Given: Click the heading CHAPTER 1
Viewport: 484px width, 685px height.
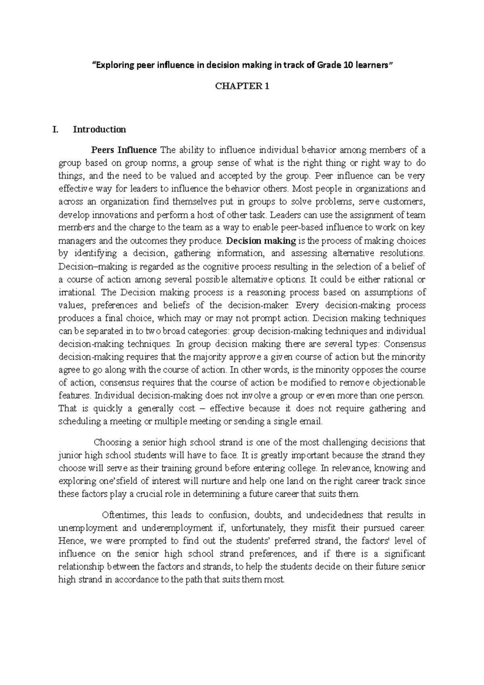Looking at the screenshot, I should coord(242,86).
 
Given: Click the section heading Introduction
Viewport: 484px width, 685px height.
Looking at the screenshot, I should coord(99,129).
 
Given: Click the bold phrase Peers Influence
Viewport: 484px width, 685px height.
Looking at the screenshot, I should coord(124,150).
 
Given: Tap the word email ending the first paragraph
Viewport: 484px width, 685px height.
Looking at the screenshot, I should coord(313,422).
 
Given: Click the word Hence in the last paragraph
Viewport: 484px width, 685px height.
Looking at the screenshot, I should coord(70,541).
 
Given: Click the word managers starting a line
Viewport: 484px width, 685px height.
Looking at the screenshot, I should coord(77,241).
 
